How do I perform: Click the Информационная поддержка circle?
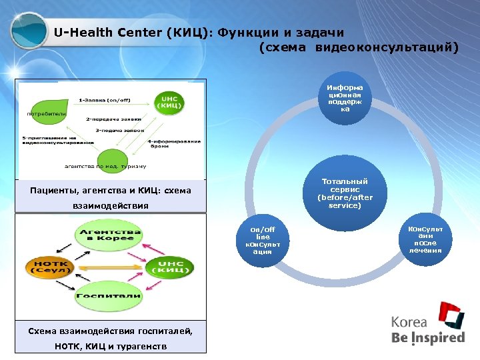pyautogui.click(x=345, y=97)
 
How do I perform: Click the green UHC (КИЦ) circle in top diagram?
pyautogui.click(x=169, y=103)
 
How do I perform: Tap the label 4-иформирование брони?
pyautogui.click(x=174, y=145)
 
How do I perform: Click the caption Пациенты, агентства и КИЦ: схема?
pyautogui.click(x=111, y=191)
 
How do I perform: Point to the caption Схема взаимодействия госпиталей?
pyautogui.click(x=111, y=331)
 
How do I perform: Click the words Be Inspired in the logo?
pyautogui.click(x=427, y=337)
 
